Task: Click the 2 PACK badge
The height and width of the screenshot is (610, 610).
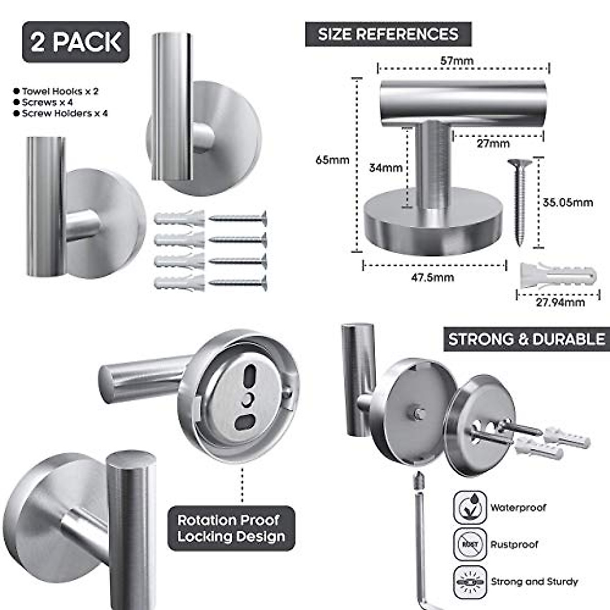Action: click(76, 42)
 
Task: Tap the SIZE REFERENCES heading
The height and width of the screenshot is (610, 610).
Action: click(388, 34)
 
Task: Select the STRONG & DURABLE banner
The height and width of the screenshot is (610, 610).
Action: click(526, 339)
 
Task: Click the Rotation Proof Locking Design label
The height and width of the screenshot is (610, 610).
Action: click(231, 528)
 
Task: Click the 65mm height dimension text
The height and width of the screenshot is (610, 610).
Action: click(332, 160)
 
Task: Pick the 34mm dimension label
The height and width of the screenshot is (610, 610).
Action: click(386, 167)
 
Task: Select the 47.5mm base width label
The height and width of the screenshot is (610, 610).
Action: click(432, 278)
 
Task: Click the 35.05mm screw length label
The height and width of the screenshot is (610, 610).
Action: click(567, 202)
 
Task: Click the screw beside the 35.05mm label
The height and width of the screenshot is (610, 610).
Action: click(520, 201)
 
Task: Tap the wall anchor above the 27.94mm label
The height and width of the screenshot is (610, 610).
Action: click(558, 276)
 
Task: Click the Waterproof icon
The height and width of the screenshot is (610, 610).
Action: click(470, 507)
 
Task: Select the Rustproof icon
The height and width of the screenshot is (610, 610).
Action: click(470, 544)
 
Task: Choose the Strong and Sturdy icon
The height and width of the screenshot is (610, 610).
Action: click(470, 582)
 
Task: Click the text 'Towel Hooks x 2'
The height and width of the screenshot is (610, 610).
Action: click(60, 91)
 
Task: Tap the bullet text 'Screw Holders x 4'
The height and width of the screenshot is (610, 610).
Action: click(65, 113)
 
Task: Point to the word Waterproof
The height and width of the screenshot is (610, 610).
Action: click(518, 507)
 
